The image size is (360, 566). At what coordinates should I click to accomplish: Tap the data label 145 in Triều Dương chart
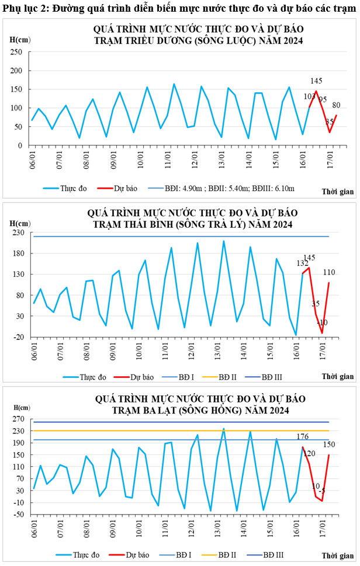pos(316,81)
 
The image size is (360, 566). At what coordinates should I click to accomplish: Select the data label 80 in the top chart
pos(337,105)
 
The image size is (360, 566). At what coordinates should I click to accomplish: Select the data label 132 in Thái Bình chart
pos(302,263)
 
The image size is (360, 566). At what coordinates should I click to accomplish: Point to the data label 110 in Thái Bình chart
pos(329,272)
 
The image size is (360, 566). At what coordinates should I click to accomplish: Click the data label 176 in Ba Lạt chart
pos(303,437)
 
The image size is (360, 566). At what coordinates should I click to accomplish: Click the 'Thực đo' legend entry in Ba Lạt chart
pos(84,554)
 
